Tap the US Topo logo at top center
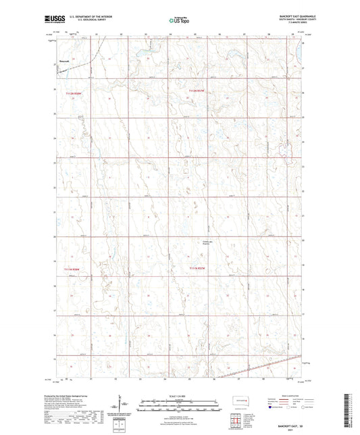click(179, 21)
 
